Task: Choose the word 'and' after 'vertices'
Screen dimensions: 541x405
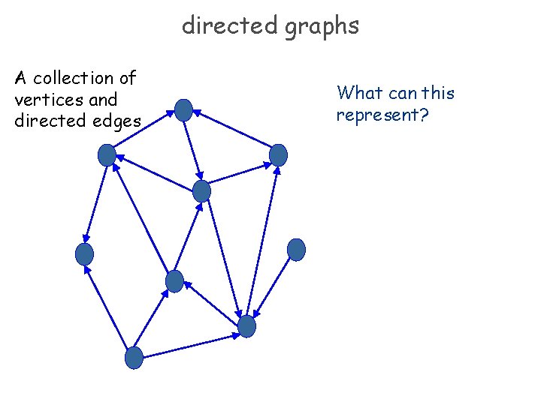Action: tap(103, 99)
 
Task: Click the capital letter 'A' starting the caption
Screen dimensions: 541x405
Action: tap(20, 78)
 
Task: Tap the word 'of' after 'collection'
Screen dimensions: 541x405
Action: tap(127, 78)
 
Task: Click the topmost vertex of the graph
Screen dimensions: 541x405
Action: tap(183, 110)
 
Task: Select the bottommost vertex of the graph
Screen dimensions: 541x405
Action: tap(134, 358)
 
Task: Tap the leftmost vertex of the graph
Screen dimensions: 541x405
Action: tap(84, 254)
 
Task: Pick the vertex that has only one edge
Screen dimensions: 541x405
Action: tap(297, 249)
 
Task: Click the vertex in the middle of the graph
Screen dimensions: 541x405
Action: tap(201, 191)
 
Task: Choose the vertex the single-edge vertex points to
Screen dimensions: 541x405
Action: tap(246, 326)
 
